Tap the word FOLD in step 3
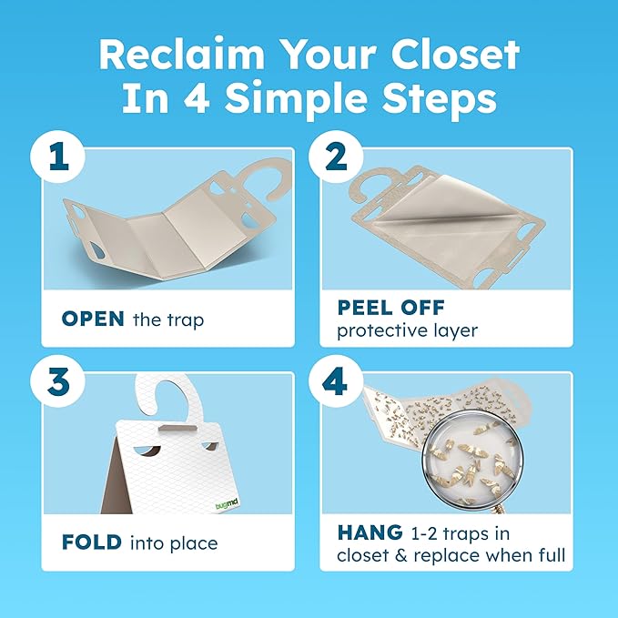(x=92, y=543)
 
